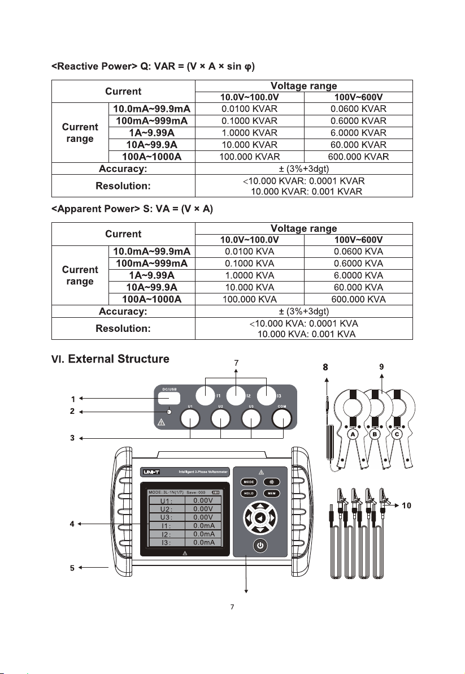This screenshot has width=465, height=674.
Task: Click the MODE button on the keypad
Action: [247, 482]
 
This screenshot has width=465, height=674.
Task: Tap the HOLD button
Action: [247, 493]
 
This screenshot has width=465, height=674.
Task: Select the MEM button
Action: [271, 493]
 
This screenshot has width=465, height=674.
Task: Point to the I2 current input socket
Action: [236, 395]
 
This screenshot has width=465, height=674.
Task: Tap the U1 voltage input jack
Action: [190, 418]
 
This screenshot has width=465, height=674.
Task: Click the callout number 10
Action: [406, 505]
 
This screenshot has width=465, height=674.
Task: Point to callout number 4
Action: [72, 524]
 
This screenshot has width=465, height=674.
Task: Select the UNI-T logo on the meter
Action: [151, 471]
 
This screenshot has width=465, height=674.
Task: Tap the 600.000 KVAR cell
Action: [358, 157]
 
